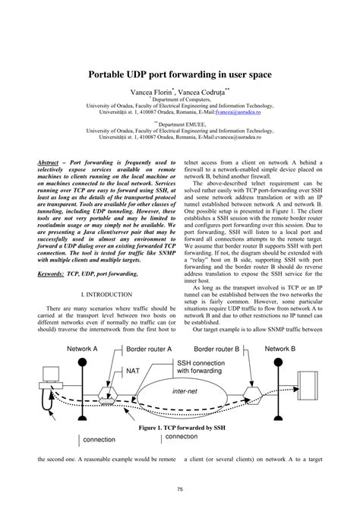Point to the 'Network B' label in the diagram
click(281, 348)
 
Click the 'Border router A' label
click(149, 348)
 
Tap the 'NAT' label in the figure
click(133, 371)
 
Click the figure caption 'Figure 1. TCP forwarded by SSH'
click(179, 428)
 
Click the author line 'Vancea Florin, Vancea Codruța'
click(180, 89)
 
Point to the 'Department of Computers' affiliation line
click(181, 98)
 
